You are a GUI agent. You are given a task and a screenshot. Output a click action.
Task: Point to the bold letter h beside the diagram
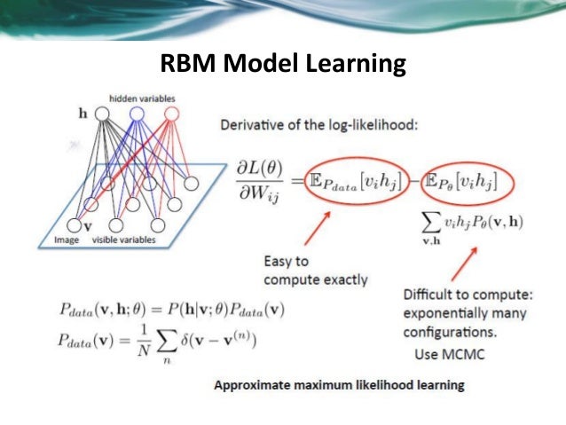pyautogui.click(x=83, y=114)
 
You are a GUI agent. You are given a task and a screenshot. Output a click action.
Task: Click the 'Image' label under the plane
pyautogui.click(x=66, y=239)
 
